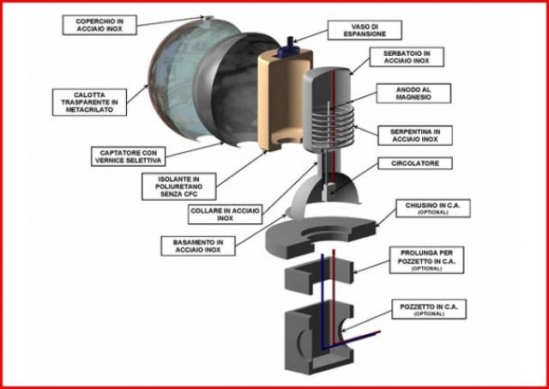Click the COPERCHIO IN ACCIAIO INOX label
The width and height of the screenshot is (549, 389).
pyautogui.click(x=100, y=25)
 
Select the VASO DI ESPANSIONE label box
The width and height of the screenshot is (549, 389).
pyautogui.click(x=365, y=30)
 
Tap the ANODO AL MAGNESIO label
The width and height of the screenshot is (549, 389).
pyautogui.click(x=413, y=94)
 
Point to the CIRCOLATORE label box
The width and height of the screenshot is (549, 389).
pyautogui.click(x=415, y=163)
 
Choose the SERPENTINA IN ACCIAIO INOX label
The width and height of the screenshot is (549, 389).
pyautogui.click(x=415, y=136)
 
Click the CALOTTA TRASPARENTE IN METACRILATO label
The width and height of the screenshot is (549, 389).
pyautogui.click(x=89, y=102)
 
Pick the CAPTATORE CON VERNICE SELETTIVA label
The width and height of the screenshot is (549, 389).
pyautogui.click(x=128, y=156)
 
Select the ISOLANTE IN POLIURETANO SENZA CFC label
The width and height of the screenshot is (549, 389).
pyautogui.click(x=179, y=186)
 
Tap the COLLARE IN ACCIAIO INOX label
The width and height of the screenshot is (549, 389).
pyautogui.click(x=225, y=215)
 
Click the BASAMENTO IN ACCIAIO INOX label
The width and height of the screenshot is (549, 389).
pyautogui.click(x=198, y=246)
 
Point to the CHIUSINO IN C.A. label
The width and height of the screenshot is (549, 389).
pyautogui.click(x=432, y=208)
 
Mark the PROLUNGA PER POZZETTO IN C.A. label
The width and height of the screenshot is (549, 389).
pyautogui.click(x=426, y=260)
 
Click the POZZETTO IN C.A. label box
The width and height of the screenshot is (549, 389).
pyautogui.click(x=429, y=309)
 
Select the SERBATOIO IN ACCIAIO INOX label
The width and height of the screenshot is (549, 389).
pyautogui.click(x=407, y=57)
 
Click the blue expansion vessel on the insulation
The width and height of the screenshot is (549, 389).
pyautogui.click(x=288, y=48)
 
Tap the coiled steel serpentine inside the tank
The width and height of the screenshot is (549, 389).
pyautogui.click(x=332, y=127)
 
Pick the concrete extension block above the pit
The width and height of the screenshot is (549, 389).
pyautogui.click(x=318, y=276)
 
